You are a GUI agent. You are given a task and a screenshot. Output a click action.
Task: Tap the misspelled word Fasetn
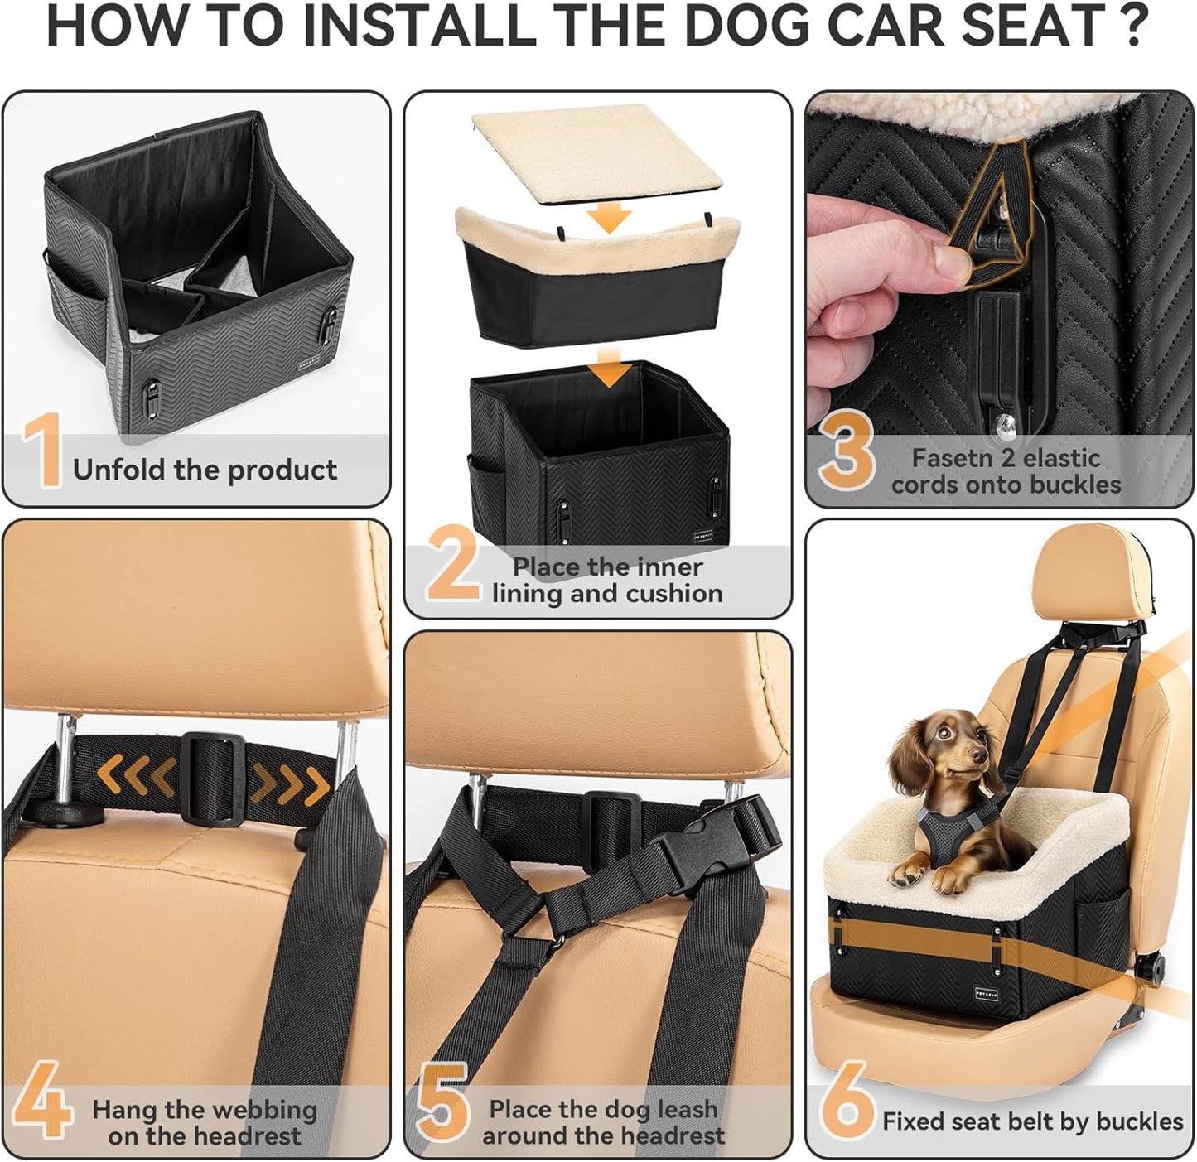pos(951,458)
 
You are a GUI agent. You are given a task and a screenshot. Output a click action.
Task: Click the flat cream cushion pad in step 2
pos(594,158)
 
